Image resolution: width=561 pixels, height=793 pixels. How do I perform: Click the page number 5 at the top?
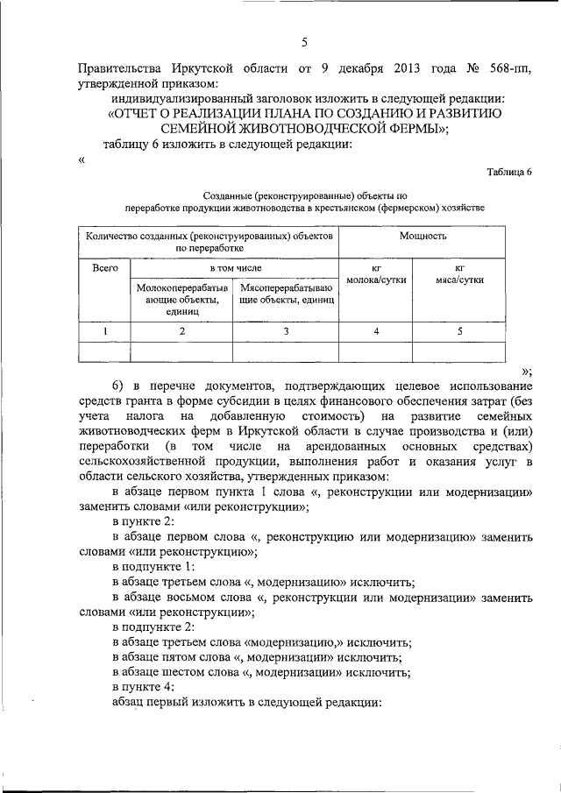point(304,41)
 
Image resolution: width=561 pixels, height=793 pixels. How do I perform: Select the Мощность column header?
point(423,237)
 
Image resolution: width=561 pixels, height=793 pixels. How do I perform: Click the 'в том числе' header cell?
point(234,267)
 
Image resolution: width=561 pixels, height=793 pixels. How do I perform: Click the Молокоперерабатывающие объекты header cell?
point(181,299)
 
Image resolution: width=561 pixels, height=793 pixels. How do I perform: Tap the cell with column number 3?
point(286,331)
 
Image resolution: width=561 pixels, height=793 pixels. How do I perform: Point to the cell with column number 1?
point(104,331)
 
